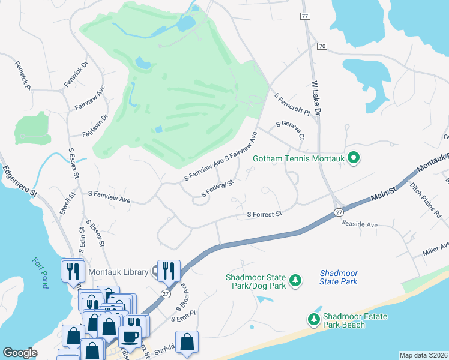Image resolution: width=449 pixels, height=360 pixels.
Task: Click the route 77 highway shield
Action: click(306, 16)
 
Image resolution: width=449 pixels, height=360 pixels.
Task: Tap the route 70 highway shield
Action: click(322, 46)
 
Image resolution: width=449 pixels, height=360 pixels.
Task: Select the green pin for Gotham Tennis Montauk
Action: click(354, 158)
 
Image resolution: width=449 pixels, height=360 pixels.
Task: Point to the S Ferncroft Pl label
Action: click(291, 104)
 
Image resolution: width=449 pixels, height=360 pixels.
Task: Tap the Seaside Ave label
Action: click(359, 224)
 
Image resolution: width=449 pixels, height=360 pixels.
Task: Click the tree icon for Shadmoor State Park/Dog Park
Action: click(295, 280)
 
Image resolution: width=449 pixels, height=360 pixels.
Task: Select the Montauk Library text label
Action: click(118, 272)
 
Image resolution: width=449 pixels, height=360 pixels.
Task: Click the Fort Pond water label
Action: click(40, 272)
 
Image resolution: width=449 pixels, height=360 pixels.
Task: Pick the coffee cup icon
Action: click(131, 337)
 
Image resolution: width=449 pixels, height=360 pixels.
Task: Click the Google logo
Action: click(20, 352)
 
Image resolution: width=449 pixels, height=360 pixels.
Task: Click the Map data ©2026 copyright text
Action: click(423, 355)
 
